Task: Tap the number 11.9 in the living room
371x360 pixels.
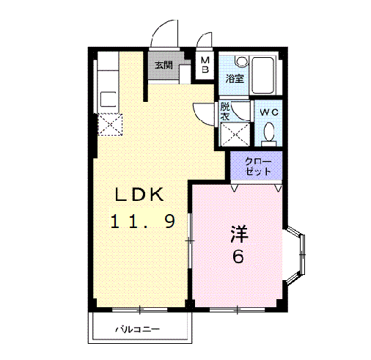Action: click(142, 221)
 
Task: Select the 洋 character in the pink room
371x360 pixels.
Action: click(238, 235)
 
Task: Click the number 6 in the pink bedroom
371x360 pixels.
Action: click(238, 257)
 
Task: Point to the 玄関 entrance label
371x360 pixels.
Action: click(163, 65)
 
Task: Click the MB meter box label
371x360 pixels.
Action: click(205, 65)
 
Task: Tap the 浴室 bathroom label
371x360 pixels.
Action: click(234, 78)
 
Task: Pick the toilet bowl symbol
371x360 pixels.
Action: click(269, 133)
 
